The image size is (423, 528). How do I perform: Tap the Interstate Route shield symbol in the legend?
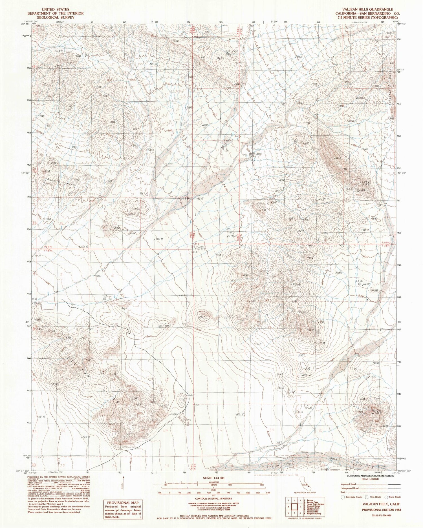[343, 505]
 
